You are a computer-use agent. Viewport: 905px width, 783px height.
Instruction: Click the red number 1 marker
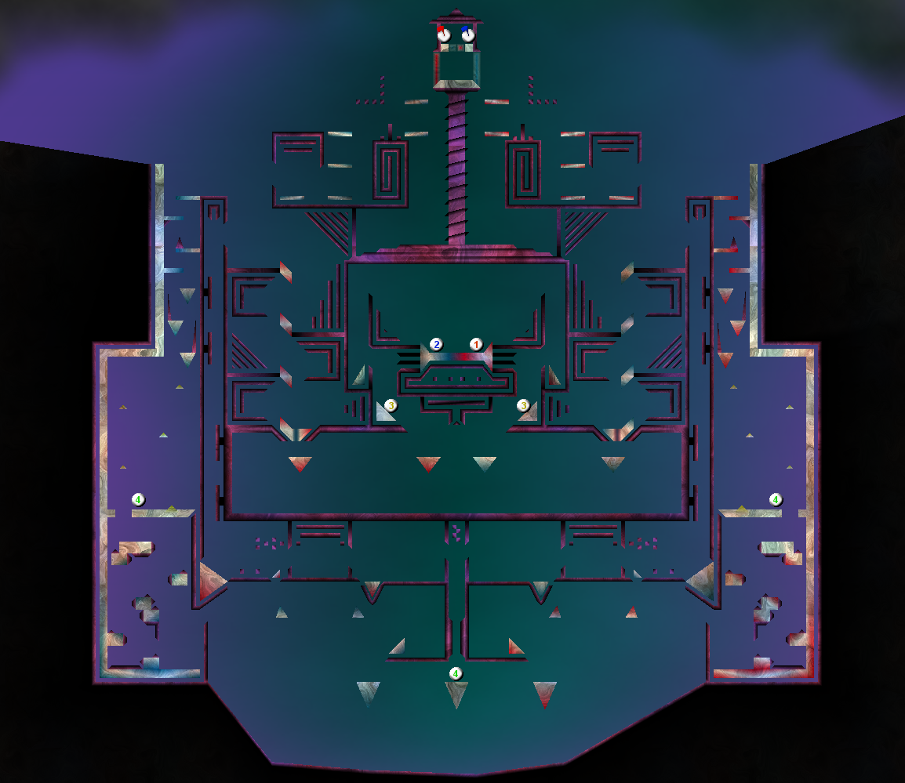pos(475,345)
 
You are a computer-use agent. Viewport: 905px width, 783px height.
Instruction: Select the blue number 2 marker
pos(436,345)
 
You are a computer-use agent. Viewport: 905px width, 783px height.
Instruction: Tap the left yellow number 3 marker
pos(391,406)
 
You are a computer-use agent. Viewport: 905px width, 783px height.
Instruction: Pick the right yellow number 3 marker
pos(524,406)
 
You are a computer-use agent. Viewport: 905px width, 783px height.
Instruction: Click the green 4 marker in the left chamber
pos(138,500)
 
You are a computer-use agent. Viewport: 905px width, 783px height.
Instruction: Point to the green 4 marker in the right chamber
pos(776,500)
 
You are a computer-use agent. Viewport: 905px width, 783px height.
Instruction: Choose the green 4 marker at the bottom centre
pos(456,673)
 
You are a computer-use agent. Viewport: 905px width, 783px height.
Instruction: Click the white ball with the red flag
pos(443,34)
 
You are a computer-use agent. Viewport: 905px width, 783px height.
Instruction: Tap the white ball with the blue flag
pos(468,34)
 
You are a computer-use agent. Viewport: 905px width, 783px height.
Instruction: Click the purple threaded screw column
pos(456,167)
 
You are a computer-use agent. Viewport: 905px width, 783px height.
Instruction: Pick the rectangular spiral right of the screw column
pos(523,169)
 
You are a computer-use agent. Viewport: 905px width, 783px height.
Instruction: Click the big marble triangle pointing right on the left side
pos(211,581)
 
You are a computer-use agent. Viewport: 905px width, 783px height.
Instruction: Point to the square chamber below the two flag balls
pos(456,69)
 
